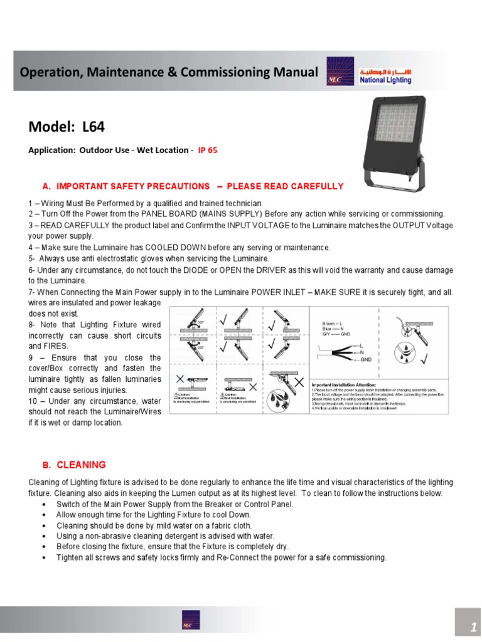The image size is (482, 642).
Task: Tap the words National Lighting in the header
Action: (x=386, y=80)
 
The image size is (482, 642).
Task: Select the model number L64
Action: (x=94, y=127)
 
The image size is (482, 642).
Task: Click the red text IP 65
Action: (x=208, y=150)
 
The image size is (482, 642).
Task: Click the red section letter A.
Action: (x=46, y=187)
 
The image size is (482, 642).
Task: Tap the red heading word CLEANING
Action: (x=81, y=465)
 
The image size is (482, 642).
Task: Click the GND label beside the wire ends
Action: (x=366, y=360)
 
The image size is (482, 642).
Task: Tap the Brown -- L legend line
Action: (x=334, y=322)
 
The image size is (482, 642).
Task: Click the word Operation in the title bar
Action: (x=45, y=73)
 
